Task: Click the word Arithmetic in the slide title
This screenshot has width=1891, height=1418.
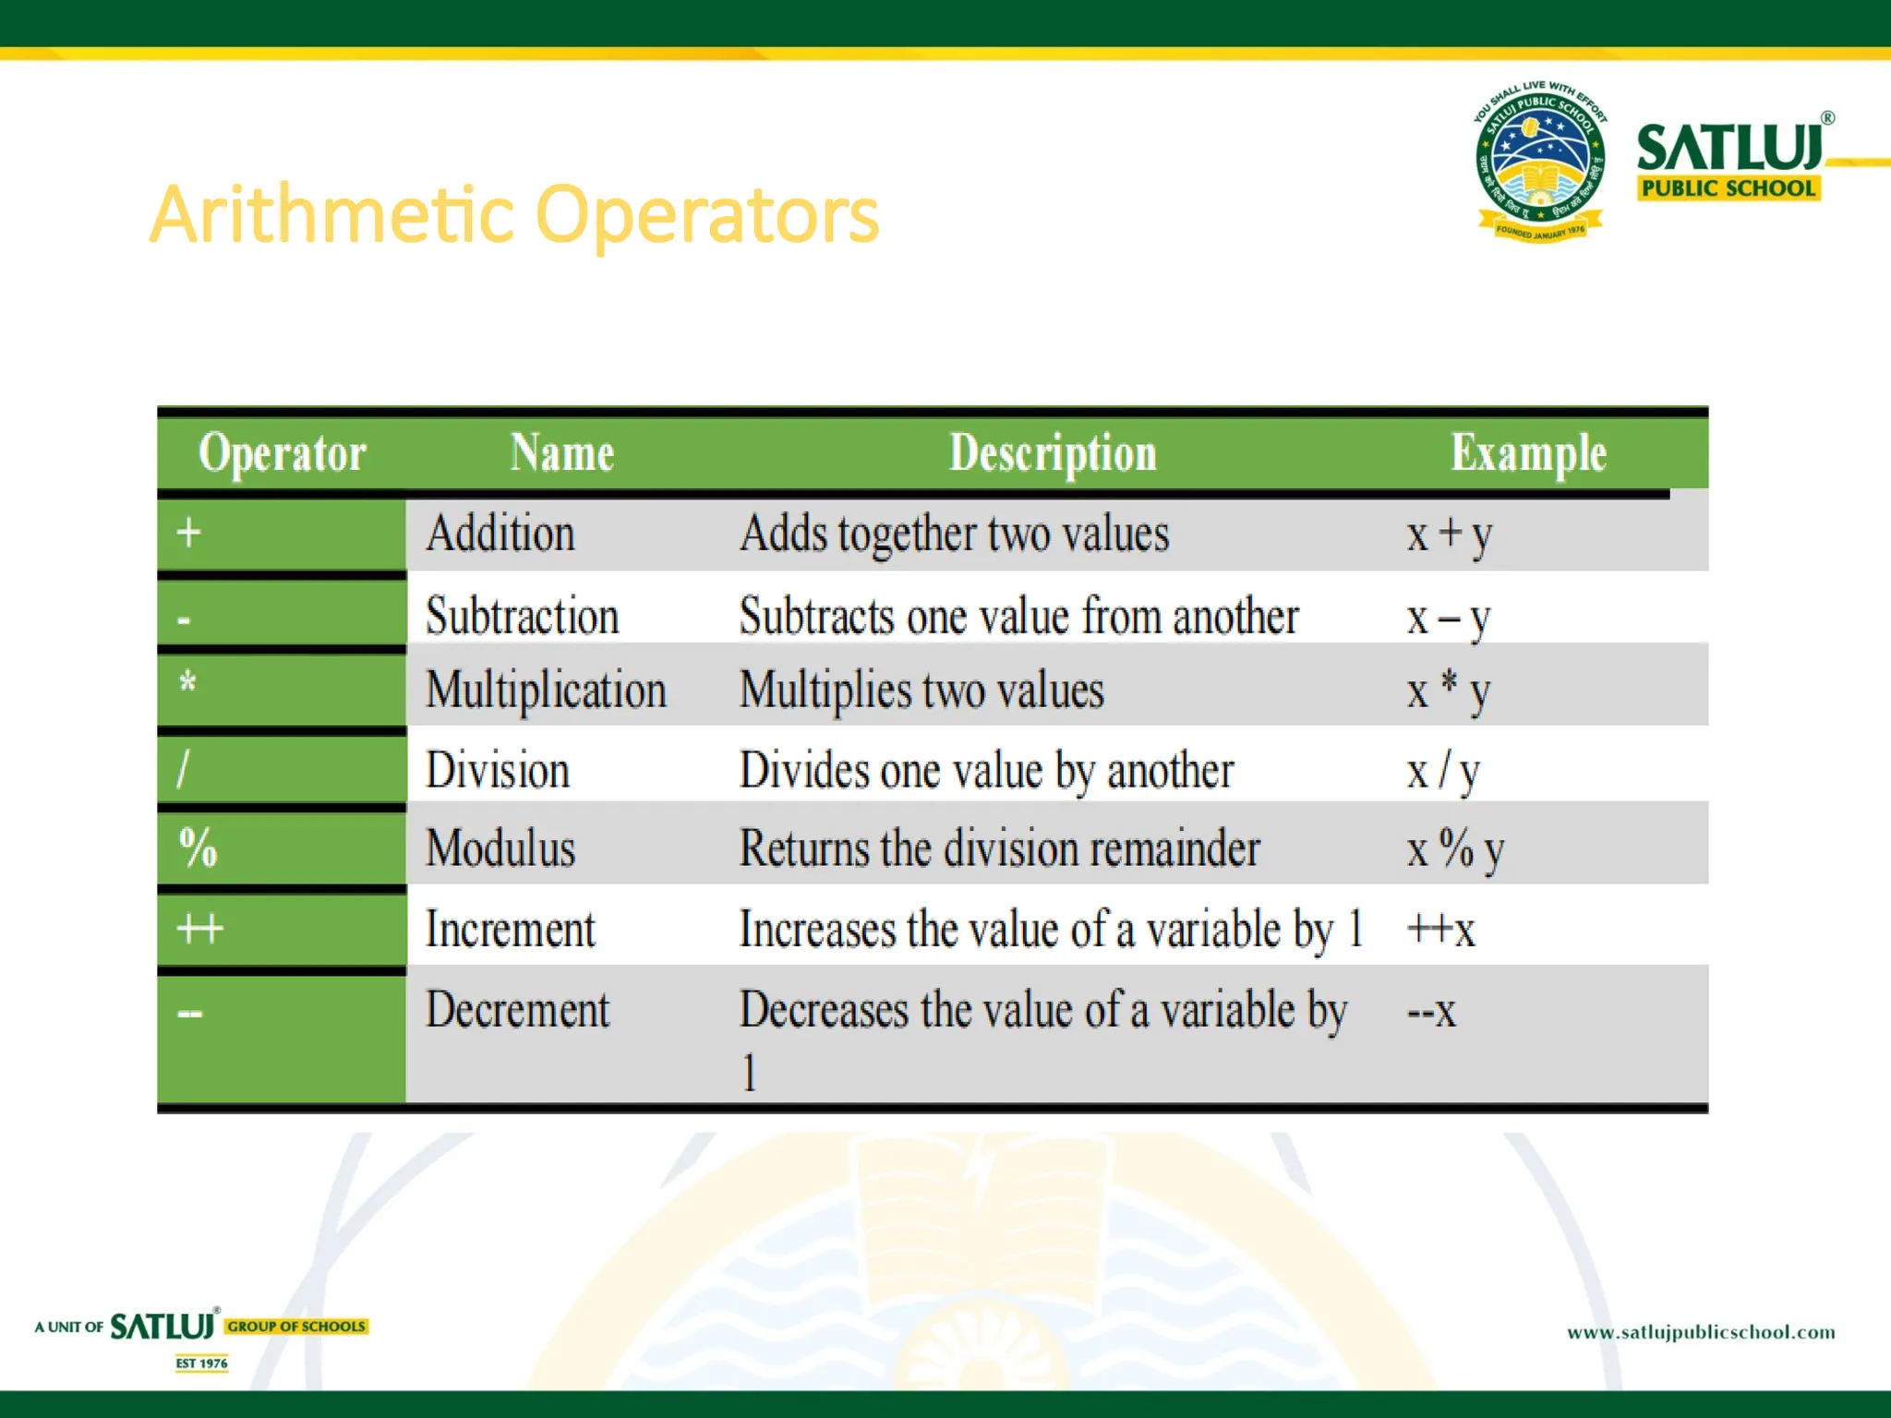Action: click(x=331, y=216)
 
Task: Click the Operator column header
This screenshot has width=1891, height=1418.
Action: click(x=283, y=453)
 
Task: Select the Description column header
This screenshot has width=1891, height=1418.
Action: click(x=1053, y=453)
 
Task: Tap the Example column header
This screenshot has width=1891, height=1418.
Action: click(x=1528, y=453)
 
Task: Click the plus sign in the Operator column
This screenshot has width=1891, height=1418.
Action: click(x=189, y=533)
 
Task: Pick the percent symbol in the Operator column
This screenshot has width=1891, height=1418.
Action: click(x=198, y=847)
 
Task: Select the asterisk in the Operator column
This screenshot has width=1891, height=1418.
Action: click(x=187, y=684)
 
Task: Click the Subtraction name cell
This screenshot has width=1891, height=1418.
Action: click(x=522, y=616)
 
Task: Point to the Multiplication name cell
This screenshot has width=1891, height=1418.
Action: click(x=546, y=691)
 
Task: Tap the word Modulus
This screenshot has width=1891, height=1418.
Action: click(x=500, y=847)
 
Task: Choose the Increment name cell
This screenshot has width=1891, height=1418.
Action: click(x=510, y=929)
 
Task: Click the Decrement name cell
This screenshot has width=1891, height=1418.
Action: click(x=517, y=1010)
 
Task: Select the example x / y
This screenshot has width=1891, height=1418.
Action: click(x=1443, y=771)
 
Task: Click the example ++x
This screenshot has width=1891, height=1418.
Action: click(x=1440, y=929)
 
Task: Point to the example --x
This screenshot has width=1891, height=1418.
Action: click(x=1431, y=1011)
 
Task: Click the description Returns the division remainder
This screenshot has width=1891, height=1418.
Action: click(x=999, y=847)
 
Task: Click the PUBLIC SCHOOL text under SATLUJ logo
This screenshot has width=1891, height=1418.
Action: click(x=1728, y=188)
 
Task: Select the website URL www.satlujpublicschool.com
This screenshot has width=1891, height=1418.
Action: click(x=1701, y=1332)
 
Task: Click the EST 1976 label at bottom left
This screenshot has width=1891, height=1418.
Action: click(x=201, y=1363)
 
